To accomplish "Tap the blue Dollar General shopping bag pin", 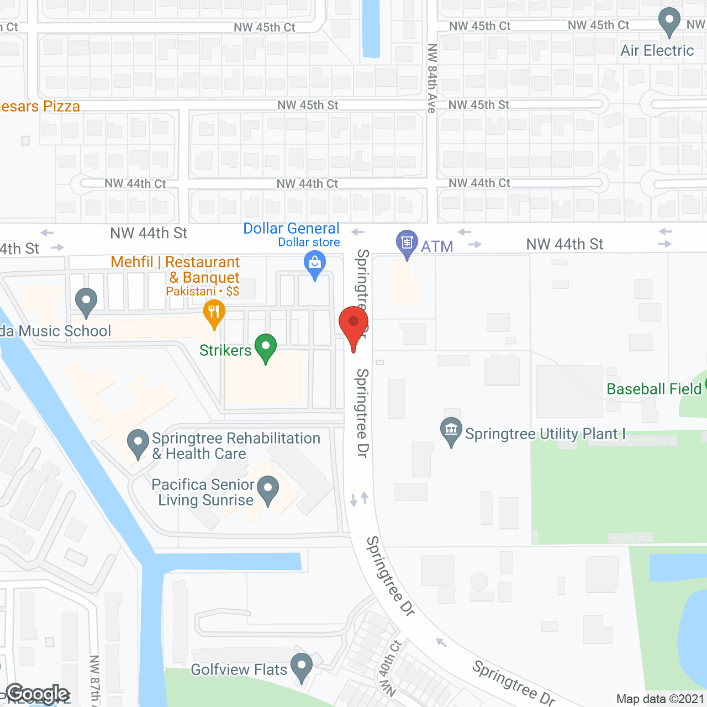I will coord(315,263).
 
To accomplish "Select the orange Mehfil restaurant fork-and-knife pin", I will coord(214,313).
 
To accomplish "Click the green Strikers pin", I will coord(266,347).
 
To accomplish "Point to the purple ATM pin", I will coord(407,243).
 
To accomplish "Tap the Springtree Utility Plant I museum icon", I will coord(451,430).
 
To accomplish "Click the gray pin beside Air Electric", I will coord(669,20).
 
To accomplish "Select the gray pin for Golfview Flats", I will coord(302,666).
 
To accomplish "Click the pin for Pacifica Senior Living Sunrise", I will coord(268,489).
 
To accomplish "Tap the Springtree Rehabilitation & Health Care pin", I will coord(138,443).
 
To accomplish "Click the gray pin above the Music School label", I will coord(86,302).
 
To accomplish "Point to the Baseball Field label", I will coord(654,389).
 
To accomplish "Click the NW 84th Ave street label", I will coord(432,78).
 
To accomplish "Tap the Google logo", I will coord(38,694).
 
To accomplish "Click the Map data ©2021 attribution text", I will coord(660,699).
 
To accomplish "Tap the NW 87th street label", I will coord(94,679).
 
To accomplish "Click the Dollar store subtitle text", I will coord(309,242).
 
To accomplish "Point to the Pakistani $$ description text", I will coord(202,291).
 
